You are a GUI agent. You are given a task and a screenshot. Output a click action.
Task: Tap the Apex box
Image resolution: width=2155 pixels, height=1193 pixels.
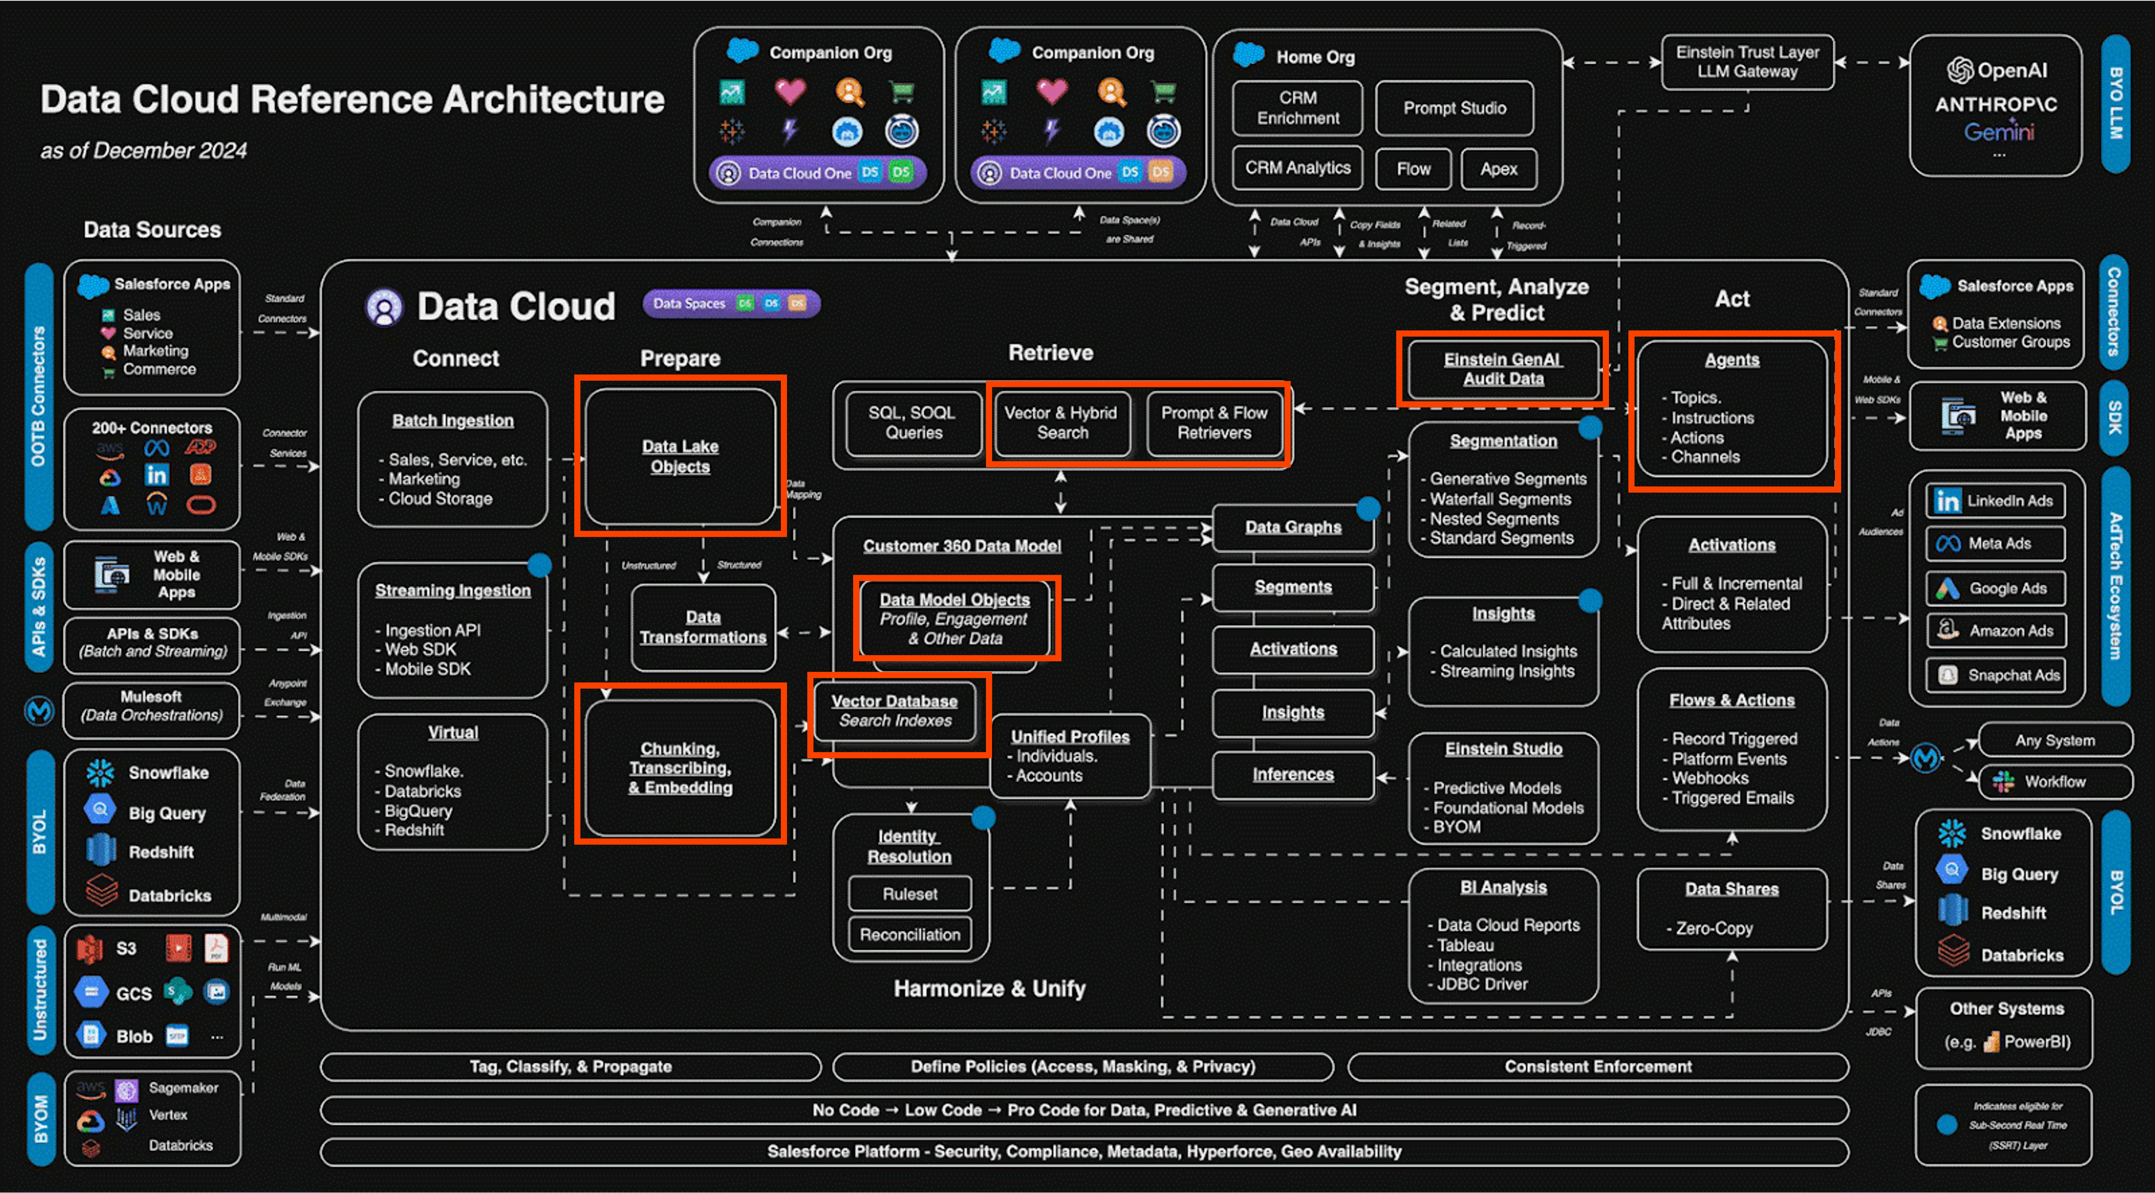pos(1498,169)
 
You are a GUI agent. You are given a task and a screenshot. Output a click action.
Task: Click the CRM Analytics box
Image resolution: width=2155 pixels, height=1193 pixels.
pos(1297,168)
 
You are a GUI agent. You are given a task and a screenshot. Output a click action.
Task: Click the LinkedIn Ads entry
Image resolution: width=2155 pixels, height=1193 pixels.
pos(1995,501)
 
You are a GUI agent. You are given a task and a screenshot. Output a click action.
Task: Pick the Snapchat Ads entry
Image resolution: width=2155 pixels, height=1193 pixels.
pos(1995,675)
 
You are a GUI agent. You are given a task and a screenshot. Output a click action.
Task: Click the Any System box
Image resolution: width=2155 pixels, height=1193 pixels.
pos(2054,740)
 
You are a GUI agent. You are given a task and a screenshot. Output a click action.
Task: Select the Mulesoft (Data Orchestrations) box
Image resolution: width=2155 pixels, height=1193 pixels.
pos(151,706)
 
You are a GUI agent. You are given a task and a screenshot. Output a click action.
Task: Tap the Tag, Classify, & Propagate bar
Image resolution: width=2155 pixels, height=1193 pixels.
pos(570,1067)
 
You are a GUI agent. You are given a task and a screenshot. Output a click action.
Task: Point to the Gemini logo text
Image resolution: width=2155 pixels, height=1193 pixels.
pos(1999,132)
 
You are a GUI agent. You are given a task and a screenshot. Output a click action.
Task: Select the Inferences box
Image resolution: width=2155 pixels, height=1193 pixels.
pos(1292,775)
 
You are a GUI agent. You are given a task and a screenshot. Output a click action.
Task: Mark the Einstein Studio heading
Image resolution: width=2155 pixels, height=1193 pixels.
pos(1503,749)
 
